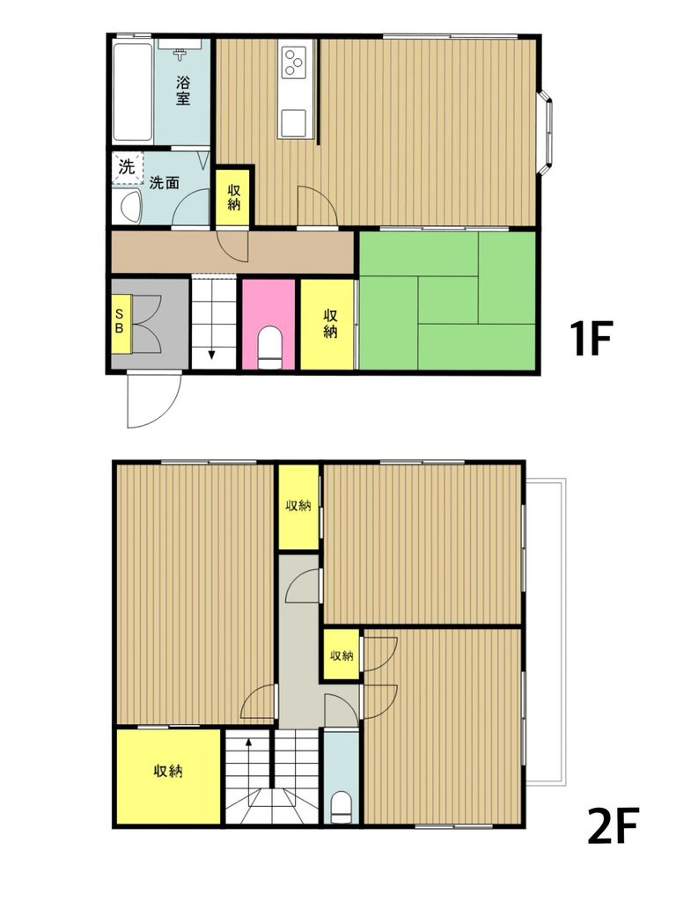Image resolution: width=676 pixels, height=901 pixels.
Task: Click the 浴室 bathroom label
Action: (183, 91)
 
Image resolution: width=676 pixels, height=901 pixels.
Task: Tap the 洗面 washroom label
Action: (164, 183)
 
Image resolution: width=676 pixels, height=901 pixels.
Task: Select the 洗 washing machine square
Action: (127, 168)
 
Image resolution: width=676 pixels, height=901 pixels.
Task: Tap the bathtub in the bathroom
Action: (133, 92)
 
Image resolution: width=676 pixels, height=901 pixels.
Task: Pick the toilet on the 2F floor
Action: (342, 808)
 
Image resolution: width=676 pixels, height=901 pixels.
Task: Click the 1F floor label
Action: (589, 339)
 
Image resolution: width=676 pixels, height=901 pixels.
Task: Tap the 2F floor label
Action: (613, 824)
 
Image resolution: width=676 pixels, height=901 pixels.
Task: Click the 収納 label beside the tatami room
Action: (330, 324)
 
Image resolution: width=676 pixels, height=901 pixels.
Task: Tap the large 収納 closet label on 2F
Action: (168, 771)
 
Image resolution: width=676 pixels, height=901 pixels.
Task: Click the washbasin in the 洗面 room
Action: (127, 207)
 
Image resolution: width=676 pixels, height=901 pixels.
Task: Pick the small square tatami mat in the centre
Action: (448, 299)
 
